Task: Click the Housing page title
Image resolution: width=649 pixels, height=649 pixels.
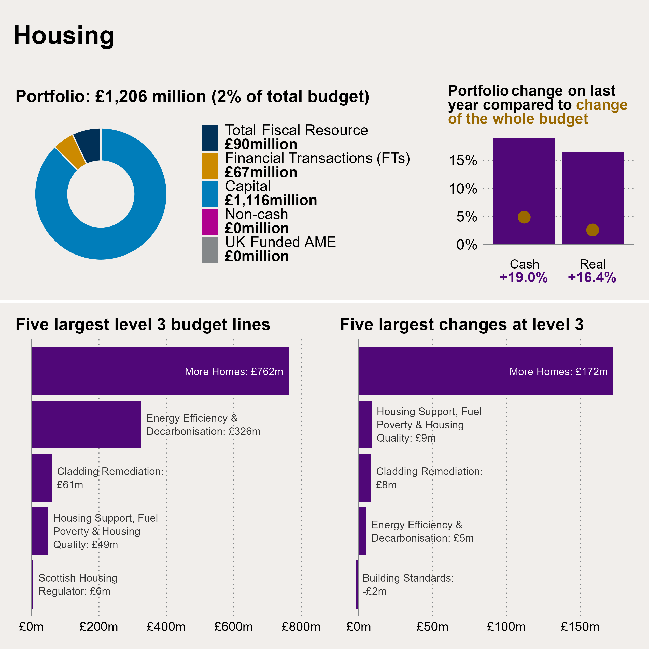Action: pyautogui.click(x=64, y=36)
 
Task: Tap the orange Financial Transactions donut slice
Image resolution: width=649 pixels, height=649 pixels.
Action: pyautogui.click(x=70, y=151)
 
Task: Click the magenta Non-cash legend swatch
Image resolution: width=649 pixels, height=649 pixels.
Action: pyautogui.click(x=210, y=222)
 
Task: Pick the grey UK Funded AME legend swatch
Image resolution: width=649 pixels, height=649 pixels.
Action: pyautogui.click(x=210, y=250)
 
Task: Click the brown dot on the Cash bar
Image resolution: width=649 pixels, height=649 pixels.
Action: pyautogui.click(x=524, y=217)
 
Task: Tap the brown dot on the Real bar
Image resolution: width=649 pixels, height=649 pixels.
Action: pyautogui.click(x=592, y=230)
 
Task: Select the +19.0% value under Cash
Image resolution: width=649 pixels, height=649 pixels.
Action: pyautogui.click(x=523, y=277)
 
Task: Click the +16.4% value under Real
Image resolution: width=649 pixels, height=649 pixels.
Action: pyautogui.click(x=592, y=277)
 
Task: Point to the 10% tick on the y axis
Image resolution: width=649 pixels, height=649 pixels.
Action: pyautogui.click(x=463, y=189)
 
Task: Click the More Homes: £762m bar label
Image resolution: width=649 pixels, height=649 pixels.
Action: pyautogui.click(x=234, y=372)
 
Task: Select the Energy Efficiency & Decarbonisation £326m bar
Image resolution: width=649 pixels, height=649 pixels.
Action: pyautogui.click(x=86, y=424)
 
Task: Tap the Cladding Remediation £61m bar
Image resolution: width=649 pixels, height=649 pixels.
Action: pyautogui.click(x=42, y=478)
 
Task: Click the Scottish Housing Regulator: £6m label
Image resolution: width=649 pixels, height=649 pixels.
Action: pyautogui.click(x=78, y=585)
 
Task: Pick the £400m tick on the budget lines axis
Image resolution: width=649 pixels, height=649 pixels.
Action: pyautogui.click(x=166, y=627)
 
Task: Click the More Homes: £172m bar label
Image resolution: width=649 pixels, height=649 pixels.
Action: pyautogui.click(x=558, y=372)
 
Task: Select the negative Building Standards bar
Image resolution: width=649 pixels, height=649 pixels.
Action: pyautogui.click(x=357, y=585)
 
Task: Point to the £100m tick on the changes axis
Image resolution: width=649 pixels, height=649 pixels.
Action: pyautogui.click(x=506, y=627)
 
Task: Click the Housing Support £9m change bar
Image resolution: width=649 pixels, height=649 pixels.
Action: pyautogui.click(x=365, y=424)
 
